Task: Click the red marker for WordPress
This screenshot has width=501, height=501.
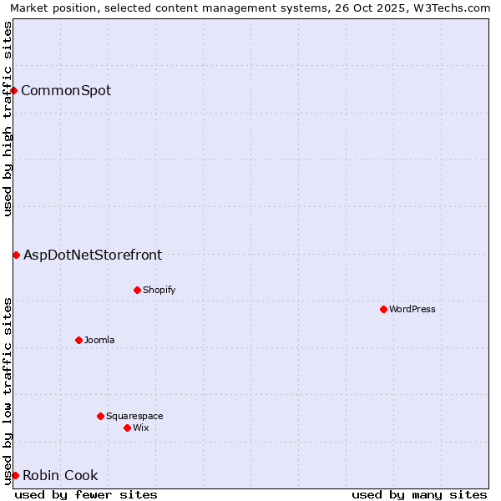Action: pos(383,309)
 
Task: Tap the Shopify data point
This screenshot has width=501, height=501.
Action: pos(137,290)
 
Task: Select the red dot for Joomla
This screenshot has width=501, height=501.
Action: pos(78,340)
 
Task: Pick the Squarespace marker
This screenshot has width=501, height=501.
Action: pos(100,416)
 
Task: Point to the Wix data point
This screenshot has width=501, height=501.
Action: pos(127,428)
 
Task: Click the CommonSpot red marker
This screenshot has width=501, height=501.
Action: pos(14,90)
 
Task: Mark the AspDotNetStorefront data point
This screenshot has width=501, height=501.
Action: pos(16,255)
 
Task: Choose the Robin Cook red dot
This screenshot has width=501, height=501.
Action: pos(15,475)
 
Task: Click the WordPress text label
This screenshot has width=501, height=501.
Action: pos(412,309)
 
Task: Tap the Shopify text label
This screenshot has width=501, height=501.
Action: pos(159,290)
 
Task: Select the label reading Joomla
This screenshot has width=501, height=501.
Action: pos(99,340)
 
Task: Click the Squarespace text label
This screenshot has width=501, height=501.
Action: pos(134,416)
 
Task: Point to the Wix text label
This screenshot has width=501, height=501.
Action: pos(141,428)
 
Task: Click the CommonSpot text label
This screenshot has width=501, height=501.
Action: pos(66,90)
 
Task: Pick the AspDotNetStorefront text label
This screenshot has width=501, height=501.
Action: pos(93,255)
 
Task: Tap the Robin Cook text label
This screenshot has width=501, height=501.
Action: pos(60,475)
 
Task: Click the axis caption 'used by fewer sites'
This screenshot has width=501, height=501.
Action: pos(86,494)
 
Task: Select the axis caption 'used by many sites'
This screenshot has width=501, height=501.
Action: pos(419,494)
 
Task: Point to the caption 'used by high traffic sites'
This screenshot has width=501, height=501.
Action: pos(8,119)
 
